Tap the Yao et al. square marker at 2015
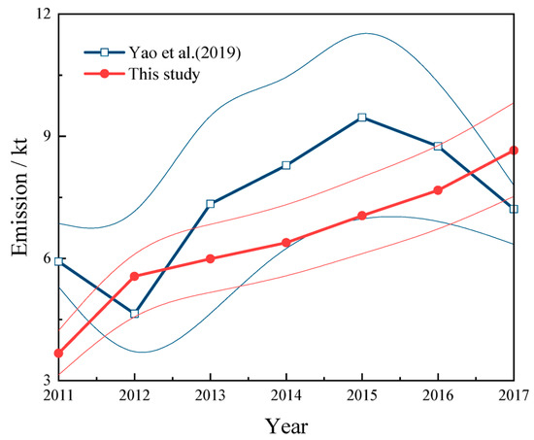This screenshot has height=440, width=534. (362, 118)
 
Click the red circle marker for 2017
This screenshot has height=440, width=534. (514, 151)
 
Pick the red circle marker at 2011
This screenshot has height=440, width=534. (58, 354)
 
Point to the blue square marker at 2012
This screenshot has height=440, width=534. (134, 314)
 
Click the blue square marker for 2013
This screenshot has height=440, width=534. (210, 204)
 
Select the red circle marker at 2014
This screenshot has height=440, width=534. (285, 243)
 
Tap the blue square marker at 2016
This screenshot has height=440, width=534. (438, 147)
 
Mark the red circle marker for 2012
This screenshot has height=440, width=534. (134, 277)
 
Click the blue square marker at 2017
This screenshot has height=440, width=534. (514, 209)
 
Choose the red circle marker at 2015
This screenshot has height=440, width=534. (362, 216)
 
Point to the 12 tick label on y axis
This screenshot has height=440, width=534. (39, 17)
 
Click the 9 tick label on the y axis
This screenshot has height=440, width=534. (44, 137)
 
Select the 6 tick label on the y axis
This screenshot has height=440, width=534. (44, 258)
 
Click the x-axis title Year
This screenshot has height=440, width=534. (285, 425)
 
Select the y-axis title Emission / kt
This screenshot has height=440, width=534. (18, 197)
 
